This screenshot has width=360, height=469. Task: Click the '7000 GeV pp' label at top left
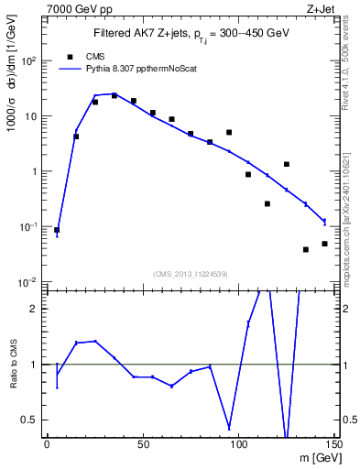tap(76, 8)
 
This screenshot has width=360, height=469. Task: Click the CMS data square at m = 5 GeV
tap(57, 230)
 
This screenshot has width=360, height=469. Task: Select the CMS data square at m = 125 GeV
tap(287, 164)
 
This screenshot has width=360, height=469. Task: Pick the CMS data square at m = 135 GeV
tap(306, 249)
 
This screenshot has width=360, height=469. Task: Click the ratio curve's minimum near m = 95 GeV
tap(229, 428)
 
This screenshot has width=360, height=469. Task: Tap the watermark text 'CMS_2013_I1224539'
tap(189, 274)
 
